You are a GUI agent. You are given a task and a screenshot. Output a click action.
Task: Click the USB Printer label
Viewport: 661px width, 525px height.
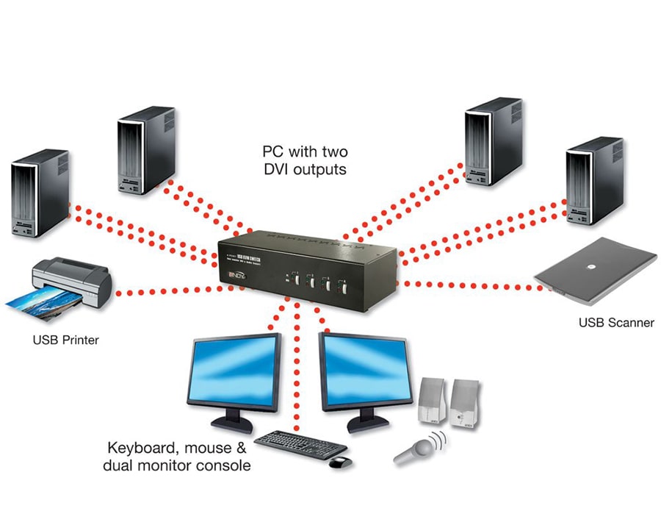65,340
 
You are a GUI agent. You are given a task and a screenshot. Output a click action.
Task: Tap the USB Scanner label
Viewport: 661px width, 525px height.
616,322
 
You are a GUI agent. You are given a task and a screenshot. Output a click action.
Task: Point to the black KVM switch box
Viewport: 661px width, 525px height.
308,262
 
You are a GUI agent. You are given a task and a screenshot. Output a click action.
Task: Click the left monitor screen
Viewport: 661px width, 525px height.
234,371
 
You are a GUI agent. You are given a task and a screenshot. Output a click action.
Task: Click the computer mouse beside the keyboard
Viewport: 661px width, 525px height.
339,462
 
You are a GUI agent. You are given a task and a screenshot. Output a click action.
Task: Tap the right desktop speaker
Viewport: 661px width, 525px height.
466,404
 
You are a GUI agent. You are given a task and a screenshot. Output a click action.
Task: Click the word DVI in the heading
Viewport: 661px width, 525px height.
278,169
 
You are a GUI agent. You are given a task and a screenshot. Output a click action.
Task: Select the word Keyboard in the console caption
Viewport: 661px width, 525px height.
140,448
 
